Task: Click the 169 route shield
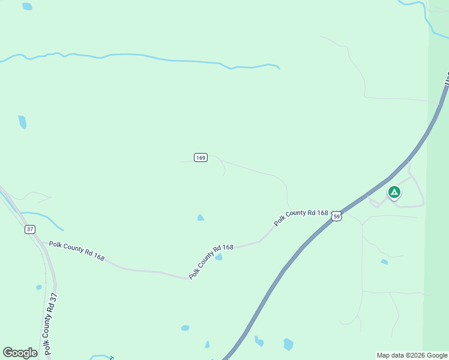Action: [x=200, y=157]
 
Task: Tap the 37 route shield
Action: [x=30, y=229]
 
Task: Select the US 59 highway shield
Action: [x=337, y=216]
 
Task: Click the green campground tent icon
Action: [x=394, y=192]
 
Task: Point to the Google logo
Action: [x=20, y=353]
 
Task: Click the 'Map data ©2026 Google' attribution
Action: [x=412, y=355]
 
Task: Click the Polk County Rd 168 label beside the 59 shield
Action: [x=301, y=217]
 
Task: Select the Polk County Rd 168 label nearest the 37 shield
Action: [x=77, y=251]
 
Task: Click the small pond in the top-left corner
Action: [x=27, y=7]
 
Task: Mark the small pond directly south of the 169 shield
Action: [x=200, y=218]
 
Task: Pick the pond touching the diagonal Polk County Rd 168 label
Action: [x=219, y=257]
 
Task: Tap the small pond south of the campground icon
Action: [x=384, y=262]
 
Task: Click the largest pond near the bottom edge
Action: [x=289, y=344]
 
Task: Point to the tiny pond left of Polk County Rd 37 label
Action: [x=39, y=287]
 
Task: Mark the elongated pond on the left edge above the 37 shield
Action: [x=22, y=122]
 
